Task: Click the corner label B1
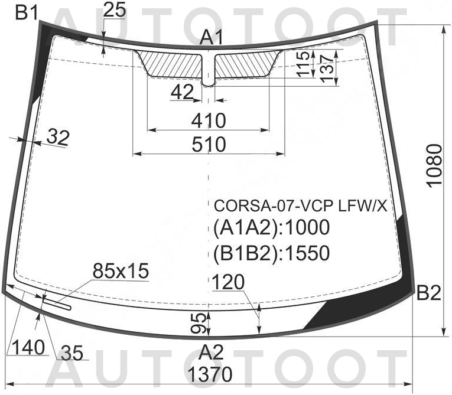point(27,13)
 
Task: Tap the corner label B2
point(428,293)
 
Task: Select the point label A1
point(212,38)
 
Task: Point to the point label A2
point(212,352)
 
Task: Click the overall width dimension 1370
point(210,374)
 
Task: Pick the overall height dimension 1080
point(435,166)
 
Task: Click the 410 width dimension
point(209,120)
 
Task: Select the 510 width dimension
point(209,144)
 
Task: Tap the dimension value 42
point(182,92)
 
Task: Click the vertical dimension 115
point(304,64)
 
